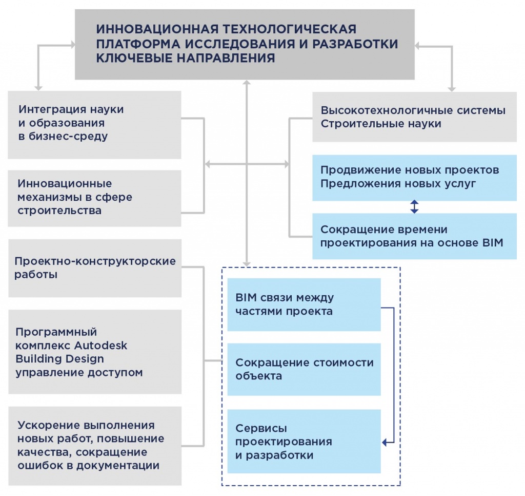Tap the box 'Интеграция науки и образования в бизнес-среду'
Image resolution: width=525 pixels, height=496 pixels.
[95, 124]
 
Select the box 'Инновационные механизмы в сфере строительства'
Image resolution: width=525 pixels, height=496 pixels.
[95, 198]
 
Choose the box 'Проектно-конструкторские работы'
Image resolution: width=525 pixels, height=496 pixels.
[95, 268]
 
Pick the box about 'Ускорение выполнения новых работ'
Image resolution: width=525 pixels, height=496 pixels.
[95, 446]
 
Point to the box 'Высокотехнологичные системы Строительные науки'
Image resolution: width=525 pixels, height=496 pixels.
[414, 117]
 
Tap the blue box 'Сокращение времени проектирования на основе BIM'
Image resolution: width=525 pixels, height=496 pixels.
[414, 236]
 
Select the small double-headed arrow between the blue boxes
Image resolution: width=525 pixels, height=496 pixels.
[414, 207]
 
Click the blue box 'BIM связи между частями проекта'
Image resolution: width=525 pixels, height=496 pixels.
[304, 304]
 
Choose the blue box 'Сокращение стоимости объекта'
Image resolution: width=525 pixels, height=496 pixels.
[304, 369]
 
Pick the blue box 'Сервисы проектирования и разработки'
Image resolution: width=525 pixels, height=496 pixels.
[304, 441]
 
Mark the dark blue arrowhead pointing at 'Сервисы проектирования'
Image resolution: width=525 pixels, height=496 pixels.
[386, 442]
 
